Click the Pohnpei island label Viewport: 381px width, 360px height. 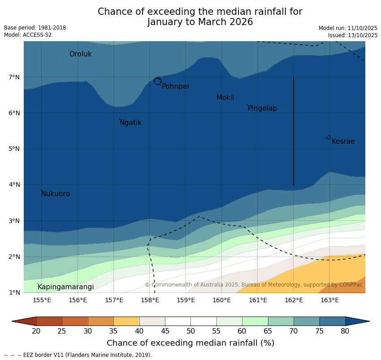click(x=175, y=86)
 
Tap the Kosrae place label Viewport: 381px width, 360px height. click(x=343, y=141)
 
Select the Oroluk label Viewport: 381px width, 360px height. click(x=81, y=54)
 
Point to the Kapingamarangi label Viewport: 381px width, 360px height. click(x=66, y=287)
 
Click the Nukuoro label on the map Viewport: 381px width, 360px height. click(x=56, y=194)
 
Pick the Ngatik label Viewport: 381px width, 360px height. click(x=130, y=123)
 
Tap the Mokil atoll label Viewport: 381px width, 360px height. click(x=225, y=98)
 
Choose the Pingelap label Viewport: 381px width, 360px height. click(x=262, y=108)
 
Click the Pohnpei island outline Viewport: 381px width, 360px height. click(x=157, y=81)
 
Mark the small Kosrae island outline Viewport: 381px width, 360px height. click(x=329, y=137)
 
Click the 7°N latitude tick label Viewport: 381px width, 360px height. click(x=14, y=77)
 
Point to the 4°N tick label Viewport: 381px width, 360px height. click(x=14, y=184)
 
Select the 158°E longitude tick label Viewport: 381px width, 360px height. click(x=150, y=300)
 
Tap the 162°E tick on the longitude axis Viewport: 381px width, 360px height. click(x=294, y=300)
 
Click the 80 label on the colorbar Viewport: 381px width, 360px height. click(x=345, y=331)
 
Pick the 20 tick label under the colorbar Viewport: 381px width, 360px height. click(x=36, y=331)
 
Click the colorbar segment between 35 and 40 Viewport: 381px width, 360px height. click(x=126, y=321)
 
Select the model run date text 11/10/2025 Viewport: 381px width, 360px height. click(x=363, y=28)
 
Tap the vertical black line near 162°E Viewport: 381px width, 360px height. click(x=294, y=130)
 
